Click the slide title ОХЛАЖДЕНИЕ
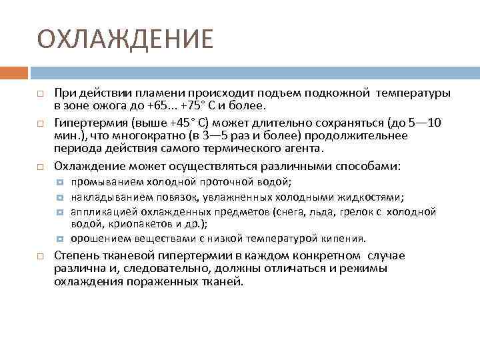pos(125,39)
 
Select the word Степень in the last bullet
pos(76,256)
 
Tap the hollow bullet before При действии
pos(41,92)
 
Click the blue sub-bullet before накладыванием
pos(59,197)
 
